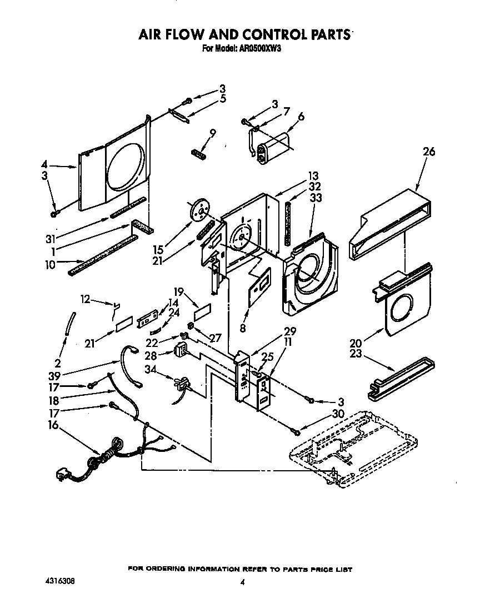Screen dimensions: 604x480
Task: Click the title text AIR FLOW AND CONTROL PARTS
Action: [x=244, y=34]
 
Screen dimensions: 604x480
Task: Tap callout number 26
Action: [x=428, y=152]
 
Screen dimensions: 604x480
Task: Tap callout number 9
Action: [x=212, y=133]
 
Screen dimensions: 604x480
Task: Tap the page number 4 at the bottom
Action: [x=243, y=582]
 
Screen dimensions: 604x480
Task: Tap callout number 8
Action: [x=242, y=328]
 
